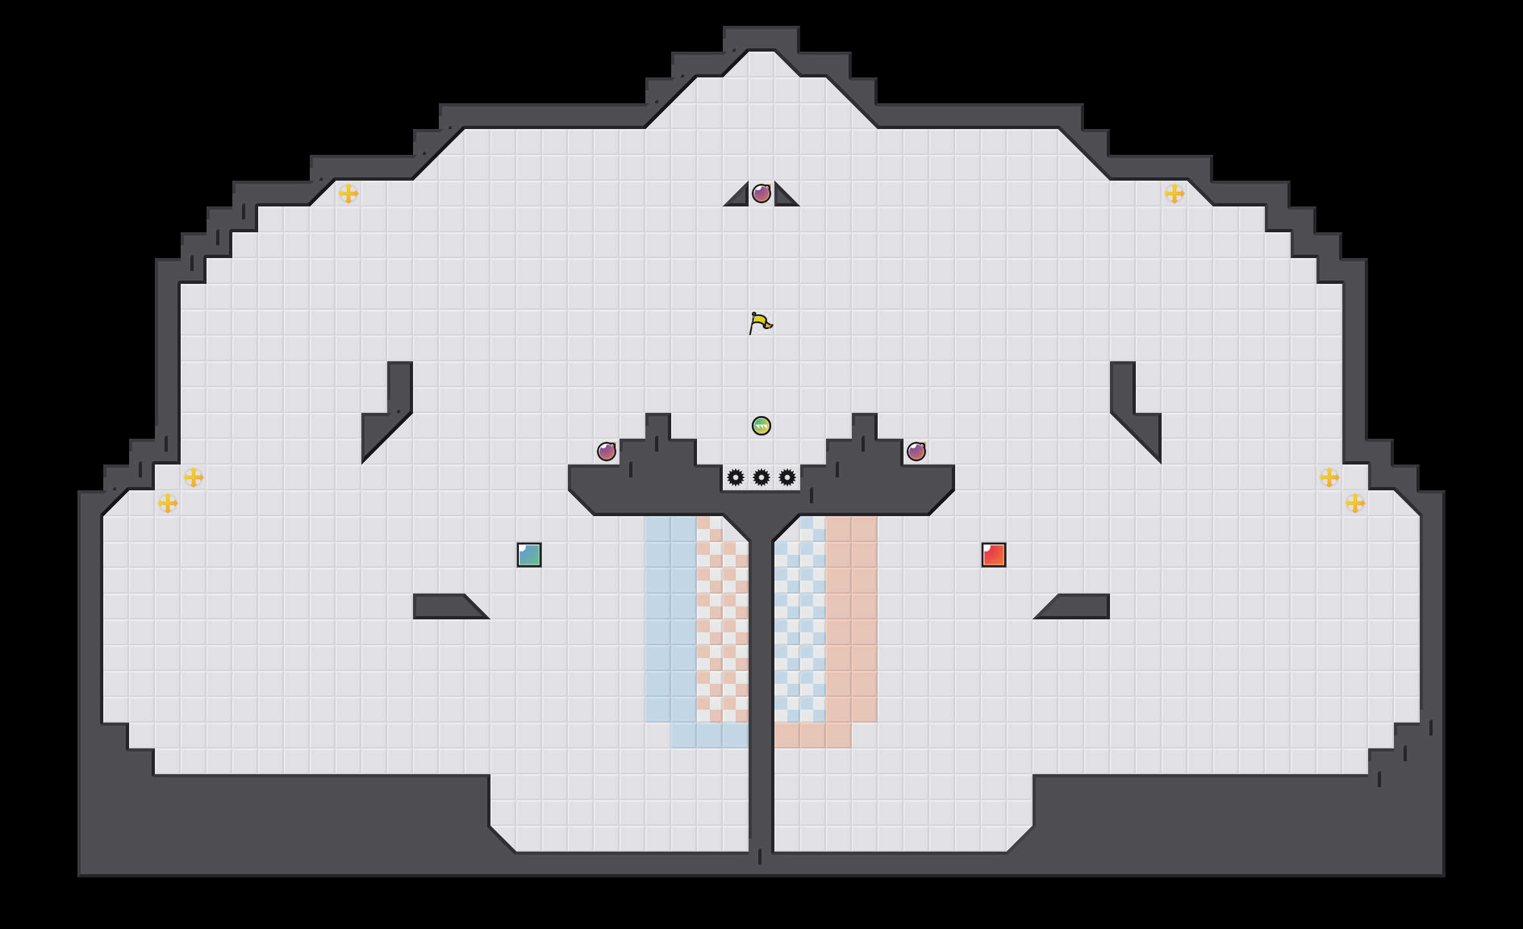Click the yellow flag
click(x=761, y=323)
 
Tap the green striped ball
click(x=761, y=426)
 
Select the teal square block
click(x=529, y=555)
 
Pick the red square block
click(x=994, y=555)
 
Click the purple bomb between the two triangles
click(x=761, y=194)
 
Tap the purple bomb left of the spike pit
click(x=607, y=452)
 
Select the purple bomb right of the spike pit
click(x=916, y=452)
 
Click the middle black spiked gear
click(x=761, y=477)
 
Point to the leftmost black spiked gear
click(x=736, y=477)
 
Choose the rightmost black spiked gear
click(x=787, y=477)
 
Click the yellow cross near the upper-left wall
click(x=348, y=194)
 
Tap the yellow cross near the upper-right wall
click(x=1175, y=194)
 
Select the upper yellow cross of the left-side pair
click(x=194, y=477)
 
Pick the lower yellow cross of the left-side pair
click(x=168, y=503)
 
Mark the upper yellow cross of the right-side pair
click(x=1329, y=477)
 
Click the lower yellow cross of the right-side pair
click(x=1355, y=503)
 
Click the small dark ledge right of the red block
click(x=1078, y=606)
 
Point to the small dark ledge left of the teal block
click(x=445, y=606)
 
